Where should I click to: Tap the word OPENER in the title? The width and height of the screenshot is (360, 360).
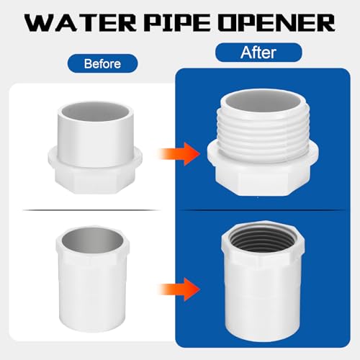point(276,23)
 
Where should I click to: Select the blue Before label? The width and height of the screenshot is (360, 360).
point(102,63)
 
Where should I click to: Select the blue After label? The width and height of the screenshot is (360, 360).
point(258,53)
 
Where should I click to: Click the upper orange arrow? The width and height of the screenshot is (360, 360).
point(179,154)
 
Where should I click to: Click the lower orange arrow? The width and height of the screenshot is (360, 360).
point(179,289)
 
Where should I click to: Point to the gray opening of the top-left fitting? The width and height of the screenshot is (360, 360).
point(95,112)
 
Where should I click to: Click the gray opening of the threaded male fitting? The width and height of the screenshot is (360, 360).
point(263,102)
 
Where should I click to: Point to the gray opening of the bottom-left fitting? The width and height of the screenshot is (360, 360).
point(92,240)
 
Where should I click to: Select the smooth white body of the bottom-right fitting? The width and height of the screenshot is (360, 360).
point(263,300)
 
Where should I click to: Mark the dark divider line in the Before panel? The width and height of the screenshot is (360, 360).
point(92,210)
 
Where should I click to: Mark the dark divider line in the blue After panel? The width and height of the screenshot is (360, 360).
point(263,210)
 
